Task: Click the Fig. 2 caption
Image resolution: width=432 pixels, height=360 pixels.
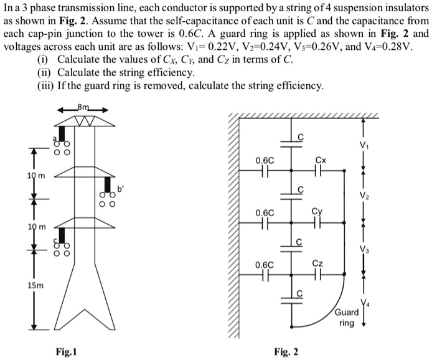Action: coord(286,352)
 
